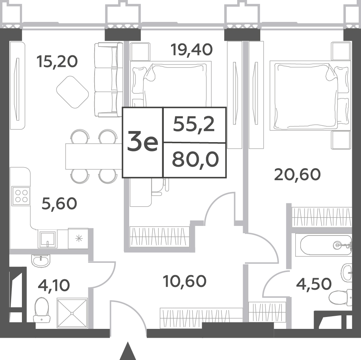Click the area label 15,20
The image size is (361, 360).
tap(57, 62)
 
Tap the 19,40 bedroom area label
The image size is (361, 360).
tap(191, 50)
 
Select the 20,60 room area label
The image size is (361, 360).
tap(298, 174)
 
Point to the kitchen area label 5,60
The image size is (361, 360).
tap(59, 204)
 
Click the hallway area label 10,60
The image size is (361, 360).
tap(185, 281)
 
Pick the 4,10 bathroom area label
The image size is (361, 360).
tap(54, 285)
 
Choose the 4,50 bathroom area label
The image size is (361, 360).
tap(314, 284)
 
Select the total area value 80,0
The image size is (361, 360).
tap(195, 160)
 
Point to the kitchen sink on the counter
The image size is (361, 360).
tap(48, 239)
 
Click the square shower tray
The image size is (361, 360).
tap(72, 313)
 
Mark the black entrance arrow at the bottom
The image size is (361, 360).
tap(127, 351)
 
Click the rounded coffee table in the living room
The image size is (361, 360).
tap(73, 92)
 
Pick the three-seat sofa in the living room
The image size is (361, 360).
tap(108, 80)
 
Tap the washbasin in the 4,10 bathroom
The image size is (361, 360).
tap(41, 260)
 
